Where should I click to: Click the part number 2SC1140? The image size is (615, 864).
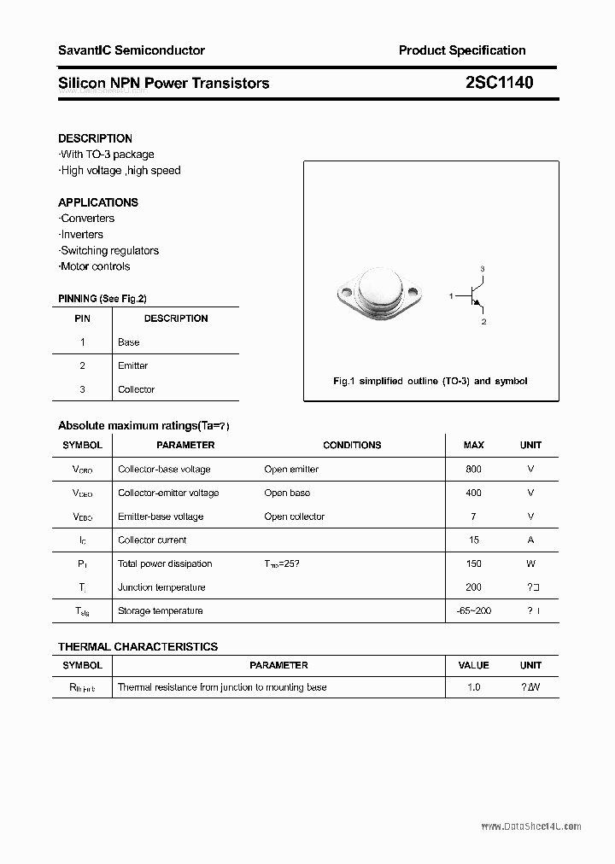(x=500, y=83)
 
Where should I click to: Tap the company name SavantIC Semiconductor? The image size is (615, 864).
(x=132, y=50)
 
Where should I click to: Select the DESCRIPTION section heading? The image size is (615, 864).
(x=95, y=138)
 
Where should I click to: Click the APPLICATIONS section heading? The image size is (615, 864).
(x=98, y=202)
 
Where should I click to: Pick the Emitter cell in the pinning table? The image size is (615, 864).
(x=132, y=365)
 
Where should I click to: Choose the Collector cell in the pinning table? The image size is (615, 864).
(x=136, y=389)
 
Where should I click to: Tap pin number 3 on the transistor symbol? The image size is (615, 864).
(x=483, y=269)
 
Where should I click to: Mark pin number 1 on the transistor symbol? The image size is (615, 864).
(x=450, y=295)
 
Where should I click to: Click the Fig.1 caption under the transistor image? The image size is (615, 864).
(x=430, y=381)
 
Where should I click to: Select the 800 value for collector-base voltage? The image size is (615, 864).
(x=473, y=469)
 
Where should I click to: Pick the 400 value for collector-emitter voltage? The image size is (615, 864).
(x=473, y=493)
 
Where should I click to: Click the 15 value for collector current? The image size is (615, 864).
(x=474, y=540)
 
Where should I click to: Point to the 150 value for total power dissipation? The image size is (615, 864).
(x=473, y=563)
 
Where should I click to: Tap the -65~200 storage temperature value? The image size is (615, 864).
(x=474, y=610)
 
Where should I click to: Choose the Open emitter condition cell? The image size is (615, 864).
(x=291, y=469)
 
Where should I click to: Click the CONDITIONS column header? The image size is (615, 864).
(x=352, y=445)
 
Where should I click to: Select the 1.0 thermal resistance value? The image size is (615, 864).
(x=474, y=687)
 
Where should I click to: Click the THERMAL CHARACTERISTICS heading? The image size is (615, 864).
(x=138, y=646)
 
